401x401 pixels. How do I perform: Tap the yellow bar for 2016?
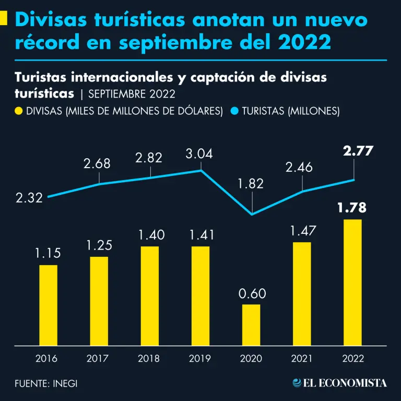click(49, 305)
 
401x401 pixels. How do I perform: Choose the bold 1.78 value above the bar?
click(351, 208)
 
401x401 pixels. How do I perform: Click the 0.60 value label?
click(252, 293)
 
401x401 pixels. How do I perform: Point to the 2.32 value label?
click(30, 199)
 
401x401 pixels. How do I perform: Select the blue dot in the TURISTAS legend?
click(234, 111)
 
